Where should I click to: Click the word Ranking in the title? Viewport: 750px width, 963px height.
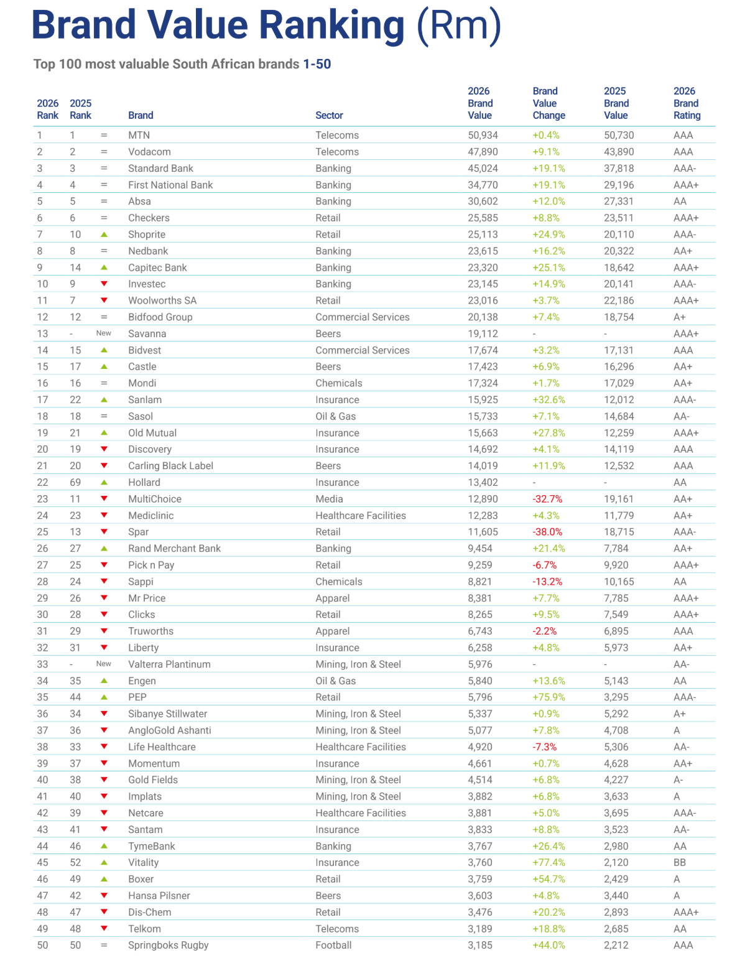point(331,26)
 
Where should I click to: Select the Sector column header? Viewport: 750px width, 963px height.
point(329,115)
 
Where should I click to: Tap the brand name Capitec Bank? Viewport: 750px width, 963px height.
point(157,267)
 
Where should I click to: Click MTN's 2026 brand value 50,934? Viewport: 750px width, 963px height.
point(483,135)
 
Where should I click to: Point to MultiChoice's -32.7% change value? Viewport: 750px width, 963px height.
point(547,499)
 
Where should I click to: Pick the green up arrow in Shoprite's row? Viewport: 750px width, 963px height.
point(104,235)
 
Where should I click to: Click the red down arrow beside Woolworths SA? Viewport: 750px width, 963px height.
point(104,300)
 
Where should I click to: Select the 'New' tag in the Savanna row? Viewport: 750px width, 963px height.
point(104,333)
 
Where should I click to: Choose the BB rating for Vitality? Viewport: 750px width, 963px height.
point(680,862)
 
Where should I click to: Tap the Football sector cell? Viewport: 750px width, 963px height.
point(333,945)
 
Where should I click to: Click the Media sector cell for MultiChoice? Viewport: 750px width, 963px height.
point(329,499)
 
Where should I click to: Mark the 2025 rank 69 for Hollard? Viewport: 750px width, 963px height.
point(75,482)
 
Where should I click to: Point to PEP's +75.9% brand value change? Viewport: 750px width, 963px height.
point(549,697)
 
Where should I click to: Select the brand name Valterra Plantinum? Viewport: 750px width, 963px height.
point(169,664)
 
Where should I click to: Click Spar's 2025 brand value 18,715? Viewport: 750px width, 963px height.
point(616,532)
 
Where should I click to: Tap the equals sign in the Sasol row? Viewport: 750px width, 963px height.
point(104,416)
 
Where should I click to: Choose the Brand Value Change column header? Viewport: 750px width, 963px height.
point(549,103)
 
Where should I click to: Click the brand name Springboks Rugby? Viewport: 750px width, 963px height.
point(168,945)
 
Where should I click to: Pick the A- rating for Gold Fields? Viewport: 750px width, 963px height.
point(678,779)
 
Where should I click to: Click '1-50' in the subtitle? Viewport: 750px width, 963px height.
point(317,64)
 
